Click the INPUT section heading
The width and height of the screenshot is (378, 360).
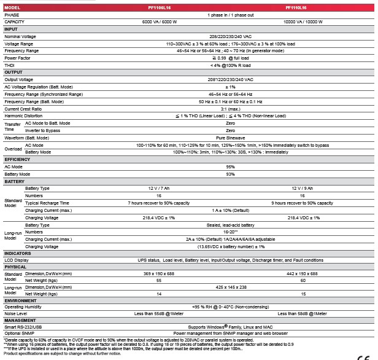pos(12,29)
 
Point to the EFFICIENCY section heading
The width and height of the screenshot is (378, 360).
pos(17,159)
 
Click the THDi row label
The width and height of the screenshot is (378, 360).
pos(10,65)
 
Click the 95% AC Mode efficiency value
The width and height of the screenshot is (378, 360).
pos(230,166)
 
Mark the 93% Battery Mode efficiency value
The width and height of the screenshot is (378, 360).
pos(230,174)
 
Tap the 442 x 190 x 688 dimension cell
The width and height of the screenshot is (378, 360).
pos(303,273)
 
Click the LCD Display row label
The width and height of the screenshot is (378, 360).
pos(17,260)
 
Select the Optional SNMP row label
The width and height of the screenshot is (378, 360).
pos(19,333)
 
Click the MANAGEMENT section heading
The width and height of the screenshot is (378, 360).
pos(20,320)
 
